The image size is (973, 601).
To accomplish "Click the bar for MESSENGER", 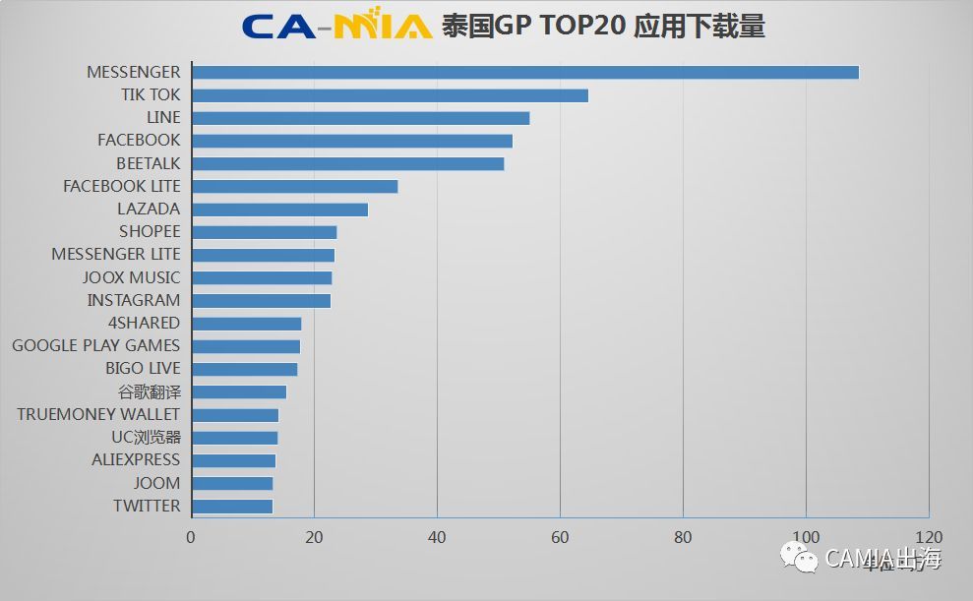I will [525, 72].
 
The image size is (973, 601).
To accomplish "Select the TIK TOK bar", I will [390, 95].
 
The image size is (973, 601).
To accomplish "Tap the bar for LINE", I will [360, 118].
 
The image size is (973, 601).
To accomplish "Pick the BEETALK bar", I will [347, 163].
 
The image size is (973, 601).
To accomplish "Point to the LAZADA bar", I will [279, 209].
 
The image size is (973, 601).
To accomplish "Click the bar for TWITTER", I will [232, 506].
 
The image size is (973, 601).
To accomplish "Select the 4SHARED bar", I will [246, 323].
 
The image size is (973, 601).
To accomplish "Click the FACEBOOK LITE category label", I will [122, 186].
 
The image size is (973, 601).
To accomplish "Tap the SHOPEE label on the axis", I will [150, 231].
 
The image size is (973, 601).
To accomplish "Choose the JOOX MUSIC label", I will [131, 277].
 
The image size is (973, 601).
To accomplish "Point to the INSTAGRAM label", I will [134, 300].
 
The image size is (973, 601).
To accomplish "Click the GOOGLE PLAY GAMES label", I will [96, 345].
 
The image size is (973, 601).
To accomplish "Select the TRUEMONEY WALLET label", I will [98, 414].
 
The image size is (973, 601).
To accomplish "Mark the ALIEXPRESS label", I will [136, 459].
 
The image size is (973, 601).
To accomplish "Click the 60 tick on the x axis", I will [560, 537].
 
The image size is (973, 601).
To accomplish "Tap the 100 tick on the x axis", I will [806, 537].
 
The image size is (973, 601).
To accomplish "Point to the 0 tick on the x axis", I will [191, 537].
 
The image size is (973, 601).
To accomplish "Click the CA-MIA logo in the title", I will [336, 26].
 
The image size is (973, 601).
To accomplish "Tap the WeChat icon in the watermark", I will [799, 559].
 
